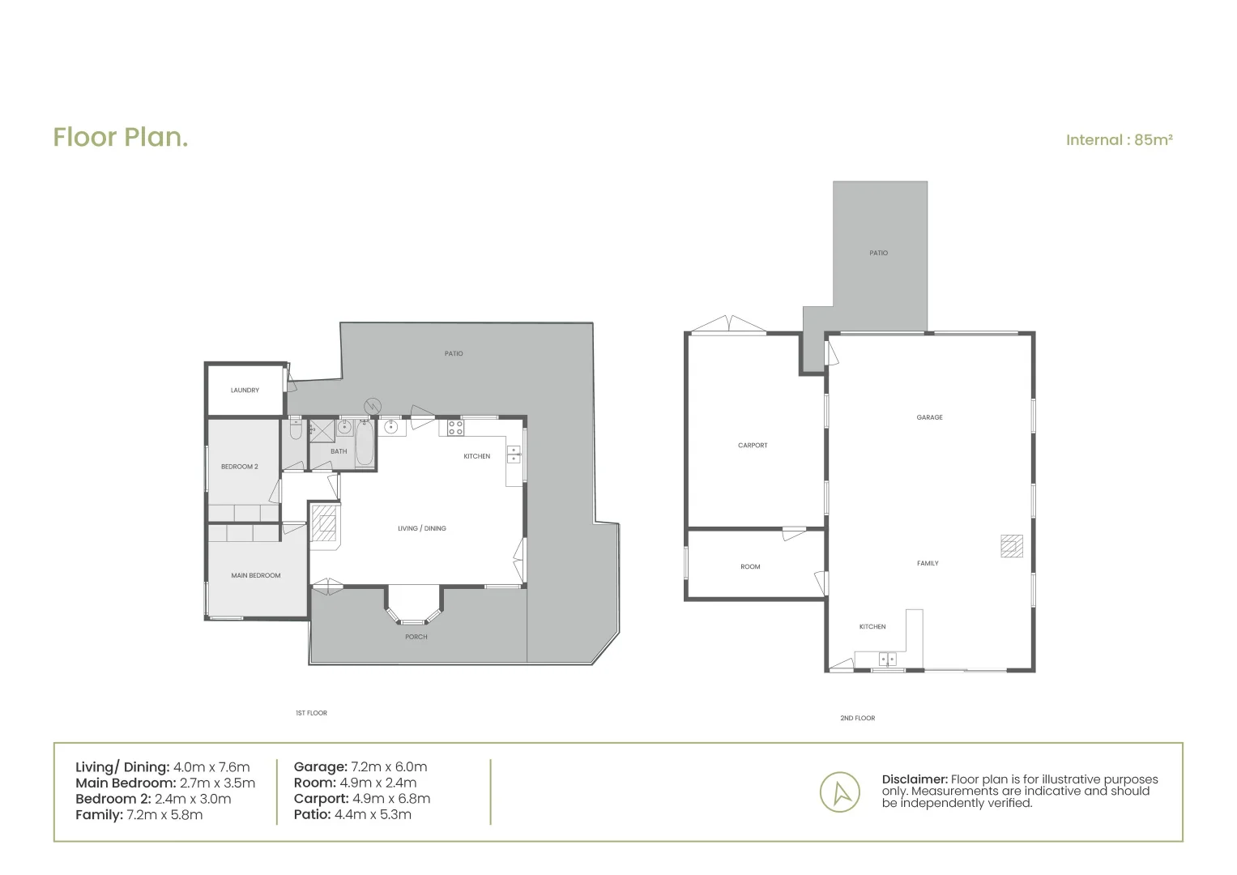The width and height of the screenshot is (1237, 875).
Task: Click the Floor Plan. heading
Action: click(x=121, y=138)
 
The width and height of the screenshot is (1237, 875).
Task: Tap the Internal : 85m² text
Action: click(x=1119, y=140)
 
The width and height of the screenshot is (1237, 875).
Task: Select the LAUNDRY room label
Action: click(x=245, y=391)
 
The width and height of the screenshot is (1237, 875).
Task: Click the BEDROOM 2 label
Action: click(x=239, y=467)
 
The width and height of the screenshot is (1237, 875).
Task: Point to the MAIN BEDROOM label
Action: click(x=256, y=576)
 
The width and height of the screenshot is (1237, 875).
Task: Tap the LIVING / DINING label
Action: click(x=421, y=529)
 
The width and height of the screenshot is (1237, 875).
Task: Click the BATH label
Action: click(x=339, y=452)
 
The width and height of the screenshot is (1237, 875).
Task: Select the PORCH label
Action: click(x=416, y=638)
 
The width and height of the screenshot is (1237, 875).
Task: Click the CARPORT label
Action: click(x=753, y=446)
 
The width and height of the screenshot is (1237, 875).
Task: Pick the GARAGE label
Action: click(x=929, y=418)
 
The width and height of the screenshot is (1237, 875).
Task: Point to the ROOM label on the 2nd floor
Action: click(x=750, y=567)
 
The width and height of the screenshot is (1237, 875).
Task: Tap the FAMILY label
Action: click(x=928, y=564)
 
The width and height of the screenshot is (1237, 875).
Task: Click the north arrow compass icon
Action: click(x=839, y=792)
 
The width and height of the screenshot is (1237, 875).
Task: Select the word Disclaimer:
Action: click(x=915, y=779)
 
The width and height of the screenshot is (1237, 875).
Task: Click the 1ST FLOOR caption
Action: click(x=311, y=714)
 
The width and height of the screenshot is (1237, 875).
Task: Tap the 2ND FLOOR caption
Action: click(x=857, y=719)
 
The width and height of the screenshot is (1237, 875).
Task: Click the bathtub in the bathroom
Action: click(x=365, y=443)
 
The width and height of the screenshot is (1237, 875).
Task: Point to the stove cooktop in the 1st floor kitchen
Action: click(x=455, y=427)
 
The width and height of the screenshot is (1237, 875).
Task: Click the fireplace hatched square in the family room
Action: click(x=1011, y=547)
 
